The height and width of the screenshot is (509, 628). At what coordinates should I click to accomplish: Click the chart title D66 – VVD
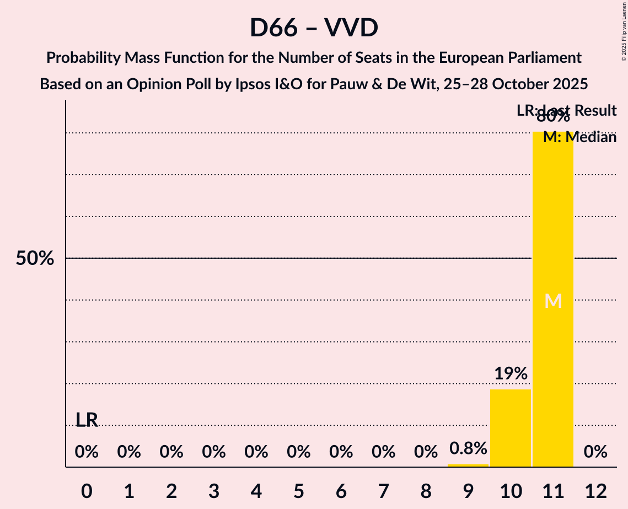pos(313,28)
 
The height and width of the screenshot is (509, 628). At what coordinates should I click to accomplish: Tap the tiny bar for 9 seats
pos(468,465)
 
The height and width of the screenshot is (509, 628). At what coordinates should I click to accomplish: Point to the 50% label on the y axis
pos(35,258)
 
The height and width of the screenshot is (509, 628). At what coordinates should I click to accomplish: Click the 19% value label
pos(511,373)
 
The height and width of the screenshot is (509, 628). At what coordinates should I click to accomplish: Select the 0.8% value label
pos(468,448)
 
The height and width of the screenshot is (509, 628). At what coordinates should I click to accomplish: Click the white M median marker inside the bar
pos(553,301)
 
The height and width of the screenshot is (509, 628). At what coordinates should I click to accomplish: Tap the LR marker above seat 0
pos(87,420)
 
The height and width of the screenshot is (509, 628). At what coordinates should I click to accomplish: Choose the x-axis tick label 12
pos(595,491)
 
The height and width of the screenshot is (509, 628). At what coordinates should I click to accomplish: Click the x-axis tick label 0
pos(87,491)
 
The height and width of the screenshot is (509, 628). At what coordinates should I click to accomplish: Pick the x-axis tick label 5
pos(299,491)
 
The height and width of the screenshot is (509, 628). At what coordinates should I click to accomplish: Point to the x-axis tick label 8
pos(426,491)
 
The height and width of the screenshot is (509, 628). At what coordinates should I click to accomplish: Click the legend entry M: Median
pos(579,137)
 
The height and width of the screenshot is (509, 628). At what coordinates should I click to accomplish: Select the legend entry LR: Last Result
pos(566,111)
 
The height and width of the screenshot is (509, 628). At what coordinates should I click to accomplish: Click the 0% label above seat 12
pos(595,452)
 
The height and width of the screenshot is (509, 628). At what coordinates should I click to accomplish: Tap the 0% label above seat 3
pos(214,452)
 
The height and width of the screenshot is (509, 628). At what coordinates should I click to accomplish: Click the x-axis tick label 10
pos(511,491)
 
